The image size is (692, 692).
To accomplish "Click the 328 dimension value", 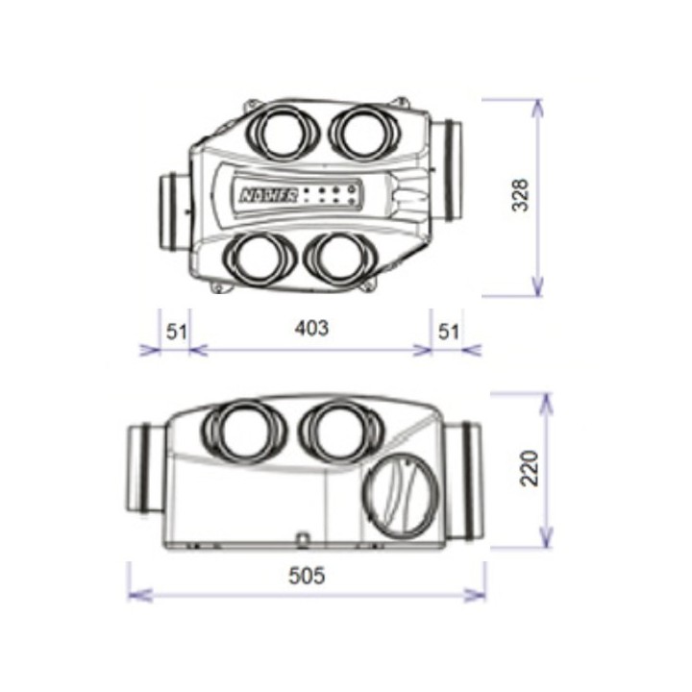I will pyautogui.click(x=520, y=195).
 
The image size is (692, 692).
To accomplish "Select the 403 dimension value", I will pyautogui.click(x=311, y=328).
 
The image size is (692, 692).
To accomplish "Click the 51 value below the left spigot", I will pyautogui.click(x=176, y=331).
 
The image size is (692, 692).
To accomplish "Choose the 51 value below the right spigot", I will pyautogui.click(x=449, y=331).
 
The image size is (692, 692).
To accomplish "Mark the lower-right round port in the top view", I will pyautogui.click(x=339, y=259).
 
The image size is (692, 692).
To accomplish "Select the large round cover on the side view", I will pyautogui.click(x=399, y=493).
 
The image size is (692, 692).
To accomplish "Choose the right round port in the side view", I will pyautogui.click(x=336, y=432).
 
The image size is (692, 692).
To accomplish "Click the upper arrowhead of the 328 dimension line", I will pyautogui.click(x=537, y=106).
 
